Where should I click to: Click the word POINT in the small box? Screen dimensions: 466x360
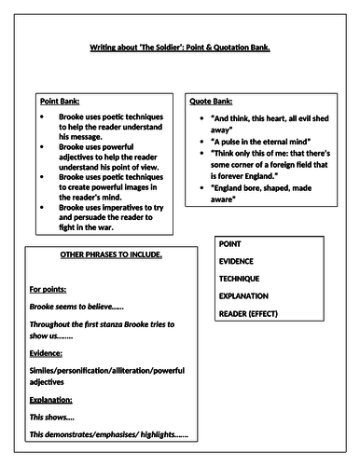229,243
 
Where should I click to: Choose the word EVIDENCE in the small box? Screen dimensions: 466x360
238,261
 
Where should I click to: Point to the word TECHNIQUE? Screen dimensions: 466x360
240,278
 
